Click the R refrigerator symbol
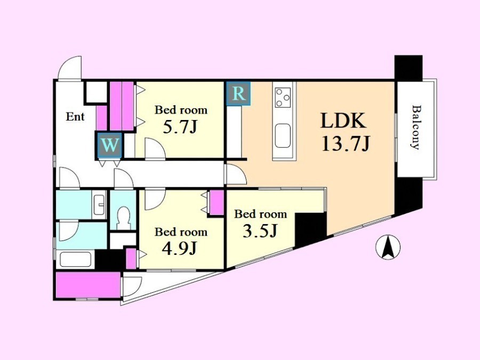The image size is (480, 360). tap(238, 93)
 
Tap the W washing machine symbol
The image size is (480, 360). tap(109, 145)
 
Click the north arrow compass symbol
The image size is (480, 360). tap(388, 247)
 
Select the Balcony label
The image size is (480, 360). tap(415, 127)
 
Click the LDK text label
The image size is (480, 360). tap(343, 121)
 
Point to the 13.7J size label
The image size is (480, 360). tap(346, 143)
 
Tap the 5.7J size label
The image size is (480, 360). tap(179, 127)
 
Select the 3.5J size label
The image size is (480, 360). tap(260, 231)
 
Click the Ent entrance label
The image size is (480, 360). tap(75, 117)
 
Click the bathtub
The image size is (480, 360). tap(75, 259)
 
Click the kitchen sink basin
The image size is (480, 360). tap(283, 136)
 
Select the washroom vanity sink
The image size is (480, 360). tap(99, 204)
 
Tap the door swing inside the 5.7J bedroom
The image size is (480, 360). tap(155, 149)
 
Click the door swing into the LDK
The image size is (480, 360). tap(236, 174)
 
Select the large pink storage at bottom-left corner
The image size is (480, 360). tap(88, 285)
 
